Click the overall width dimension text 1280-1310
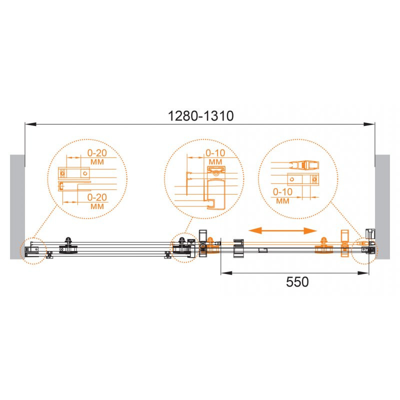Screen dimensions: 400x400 [201, 116]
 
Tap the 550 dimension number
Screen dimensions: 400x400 [297, 282]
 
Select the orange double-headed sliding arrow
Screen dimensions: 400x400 [282, 231]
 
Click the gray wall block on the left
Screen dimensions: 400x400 [17, 207]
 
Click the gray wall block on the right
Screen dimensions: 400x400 [382, 207]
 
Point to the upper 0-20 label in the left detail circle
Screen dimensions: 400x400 [97, 153]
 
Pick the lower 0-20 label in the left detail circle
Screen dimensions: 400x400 [97, 197]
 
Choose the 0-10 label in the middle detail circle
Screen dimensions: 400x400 [215, 153]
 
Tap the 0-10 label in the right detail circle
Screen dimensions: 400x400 [282, 192]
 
